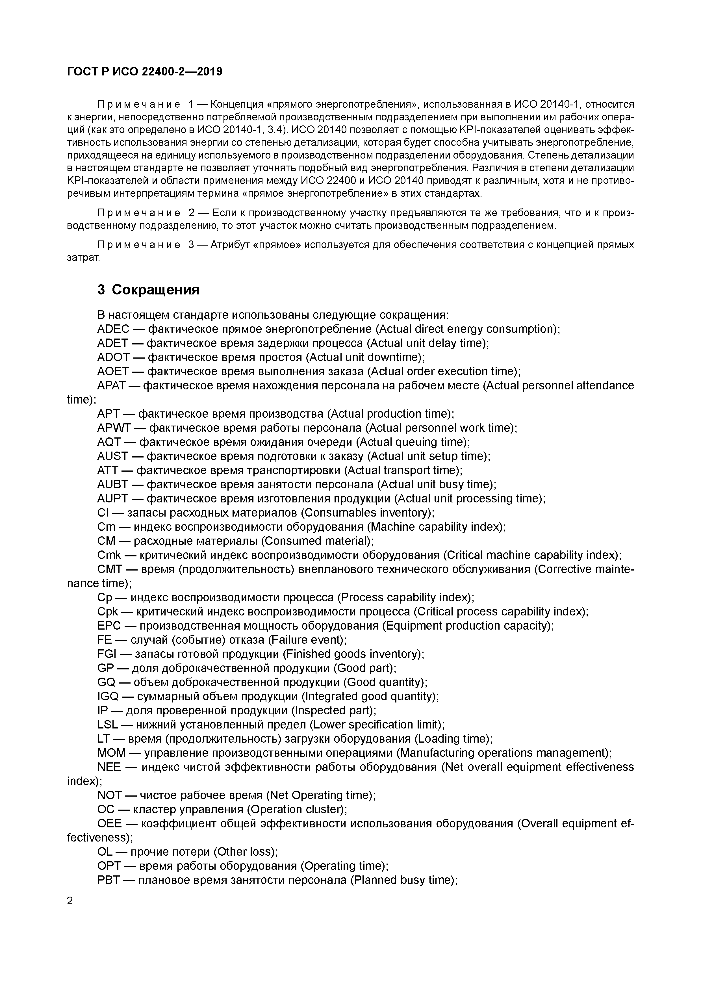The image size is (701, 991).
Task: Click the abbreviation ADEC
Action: click(x=113, y=329)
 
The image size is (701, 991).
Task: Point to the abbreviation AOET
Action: click(x=113, y=372)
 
